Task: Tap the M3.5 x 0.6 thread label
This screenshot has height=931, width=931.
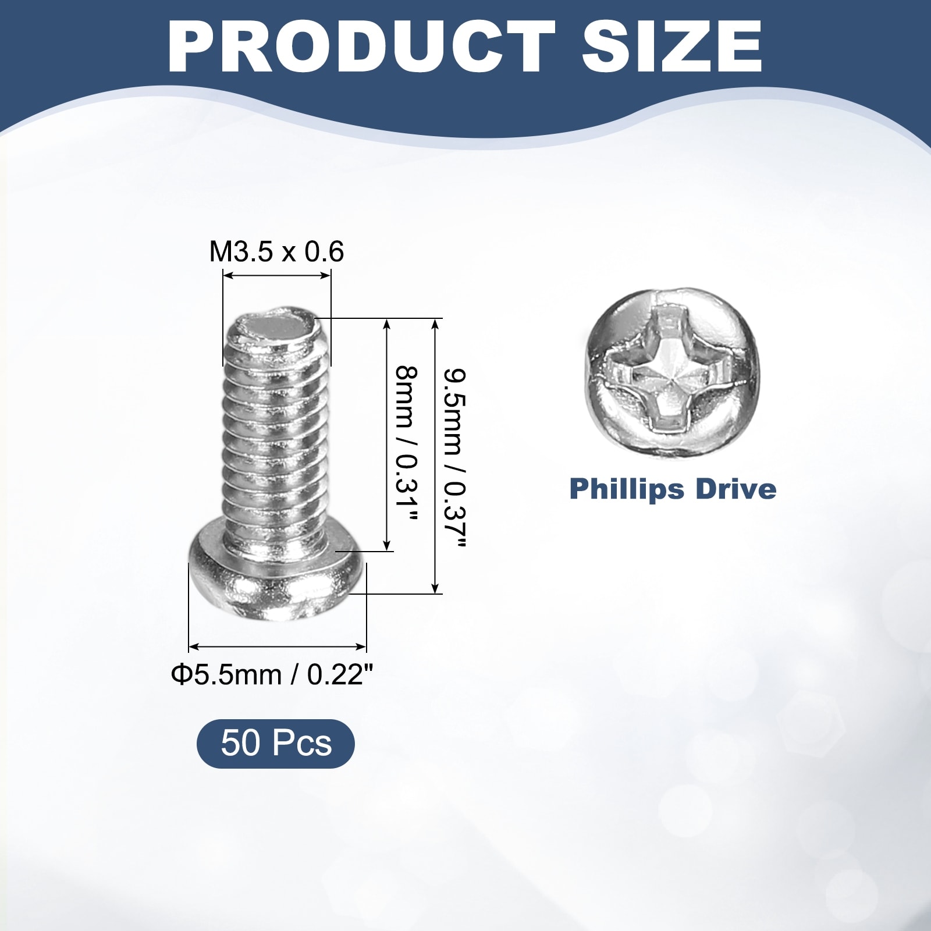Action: pyautogui.click(x=276, y=252)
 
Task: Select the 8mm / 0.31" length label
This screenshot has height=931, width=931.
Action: pyautogui.click(x=407, y=443)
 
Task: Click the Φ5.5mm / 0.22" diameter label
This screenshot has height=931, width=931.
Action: pyautogui.click(x=272, y=675)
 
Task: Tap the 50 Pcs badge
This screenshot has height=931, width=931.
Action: pyautogui.click(x=276, y=744)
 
